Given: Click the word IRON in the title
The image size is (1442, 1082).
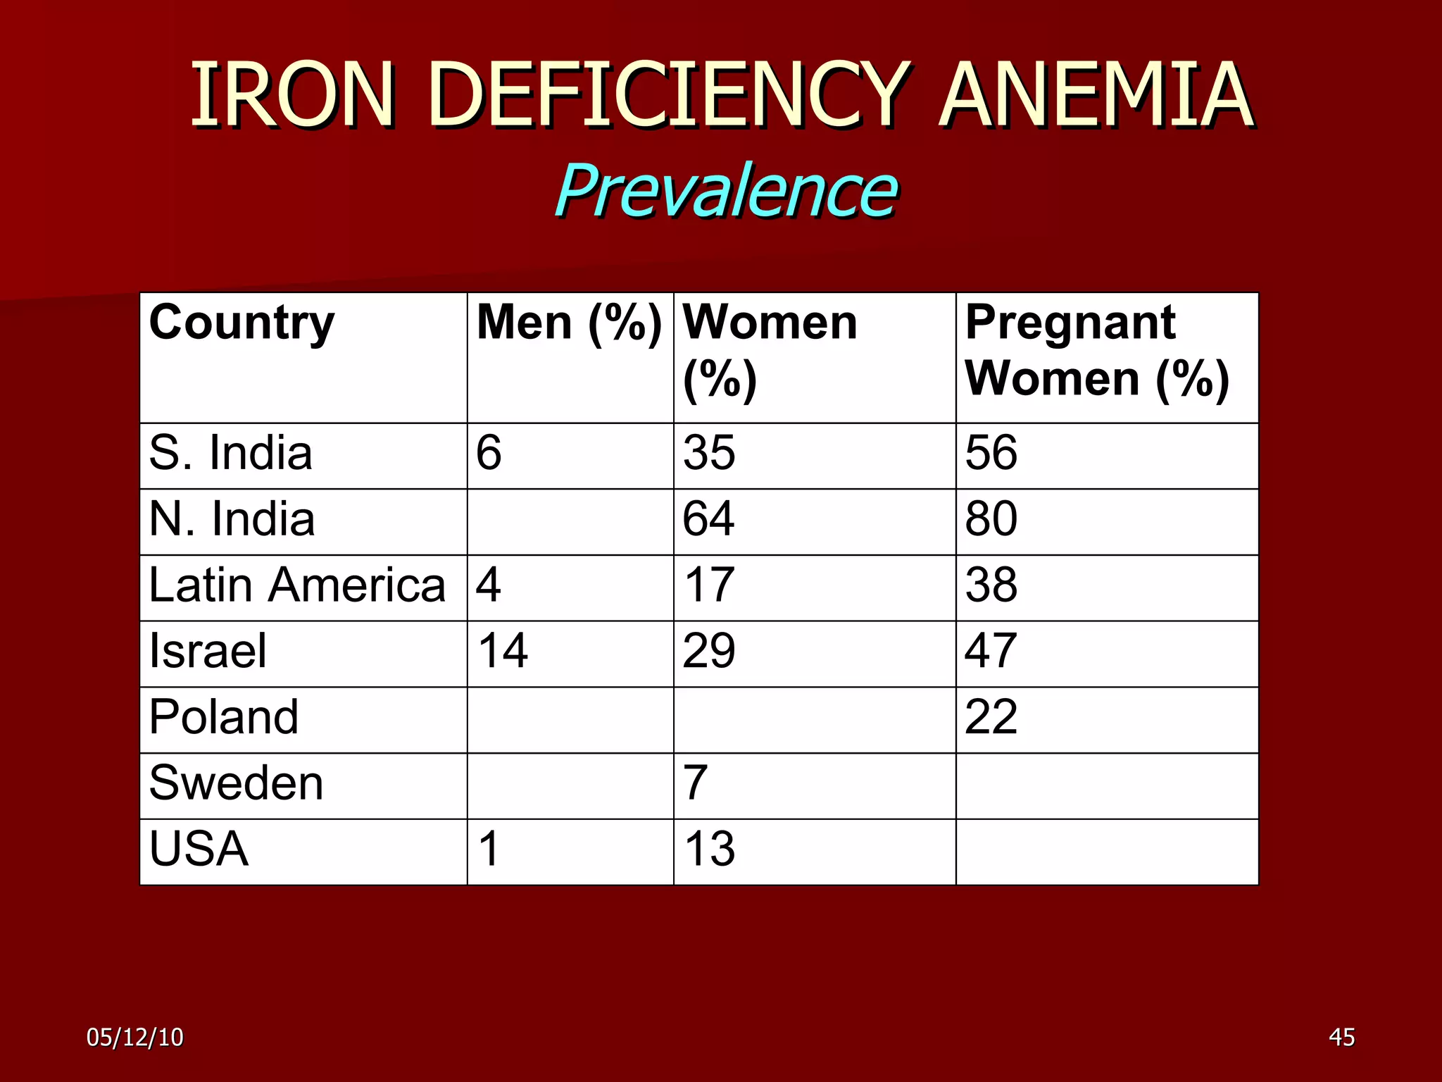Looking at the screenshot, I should tap(292, 95).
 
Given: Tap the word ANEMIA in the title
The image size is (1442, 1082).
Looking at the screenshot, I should tap(1096, 95).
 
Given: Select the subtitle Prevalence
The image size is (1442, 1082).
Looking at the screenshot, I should tap(726, 190).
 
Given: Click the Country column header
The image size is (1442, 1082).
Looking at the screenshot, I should tap(242, 323).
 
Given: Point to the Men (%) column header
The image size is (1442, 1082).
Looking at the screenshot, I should tap(569, 323).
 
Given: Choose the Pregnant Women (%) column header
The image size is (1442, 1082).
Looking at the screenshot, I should tap(1097, 351).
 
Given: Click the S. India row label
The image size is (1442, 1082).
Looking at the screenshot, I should tap(230, 453).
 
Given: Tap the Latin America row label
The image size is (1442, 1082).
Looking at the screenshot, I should tap(297, 585).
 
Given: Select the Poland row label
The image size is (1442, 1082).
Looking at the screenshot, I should tap(224, 717).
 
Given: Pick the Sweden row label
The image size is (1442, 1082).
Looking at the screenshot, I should tap(236, 783).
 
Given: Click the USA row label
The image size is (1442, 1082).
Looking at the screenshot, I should tap(199, 850).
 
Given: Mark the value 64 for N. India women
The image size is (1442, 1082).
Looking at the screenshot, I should tap(708, 519).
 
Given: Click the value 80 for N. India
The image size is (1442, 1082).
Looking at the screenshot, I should tap(991, 519).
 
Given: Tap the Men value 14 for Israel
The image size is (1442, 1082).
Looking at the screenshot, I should tap(502, 651).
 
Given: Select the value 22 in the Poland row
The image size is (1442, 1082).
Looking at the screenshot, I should tap(991, 717).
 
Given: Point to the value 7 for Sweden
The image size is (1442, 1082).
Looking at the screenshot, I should tap(695, 783).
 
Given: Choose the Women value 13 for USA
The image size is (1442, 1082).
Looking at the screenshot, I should tap(709, 850).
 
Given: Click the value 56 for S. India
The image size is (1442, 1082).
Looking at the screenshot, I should tap(991, 453).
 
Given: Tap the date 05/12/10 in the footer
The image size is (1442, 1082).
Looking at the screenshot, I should tap(134, 1038).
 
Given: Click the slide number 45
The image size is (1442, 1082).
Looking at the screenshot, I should tap(1341, 1038).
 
